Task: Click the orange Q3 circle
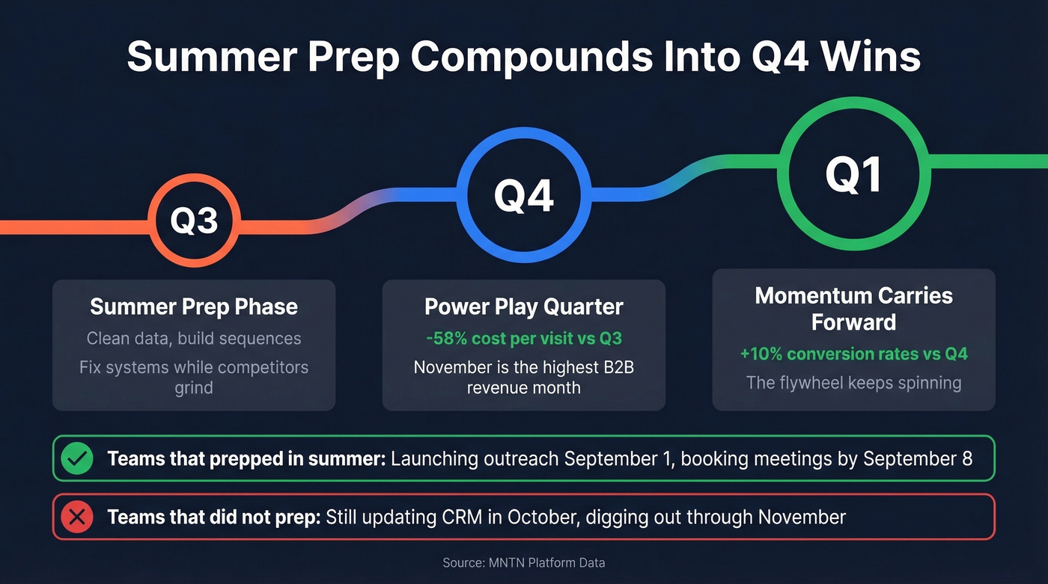click(194, 220)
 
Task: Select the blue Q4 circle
click(523, 196)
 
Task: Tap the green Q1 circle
click(853, 174)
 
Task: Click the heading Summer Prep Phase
click(194, 307)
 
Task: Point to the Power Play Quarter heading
click(523, 307)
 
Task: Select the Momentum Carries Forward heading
click(853, 308)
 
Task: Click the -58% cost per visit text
click(523, 338)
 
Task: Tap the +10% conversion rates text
click(853, 354)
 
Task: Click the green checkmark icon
click(78, 458)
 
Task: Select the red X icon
click(78, 517)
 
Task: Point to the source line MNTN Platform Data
click(523, 562)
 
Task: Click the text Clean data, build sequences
click(194, 338)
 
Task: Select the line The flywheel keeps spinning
click(853, 383)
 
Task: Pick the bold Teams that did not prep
click(214, 517)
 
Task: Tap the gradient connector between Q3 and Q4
click(352, 211)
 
